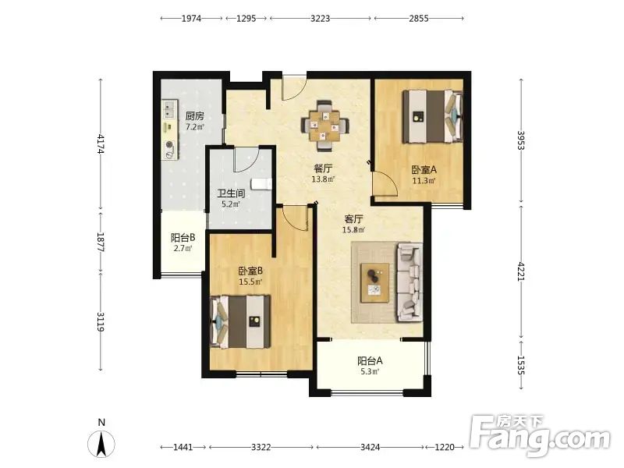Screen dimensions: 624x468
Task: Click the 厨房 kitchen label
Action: pos(195,116)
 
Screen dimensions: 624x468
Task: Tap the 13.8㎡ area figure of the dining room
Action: pos(323,179)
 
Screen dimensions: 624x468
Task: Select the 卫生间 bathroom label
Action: pos(231,193)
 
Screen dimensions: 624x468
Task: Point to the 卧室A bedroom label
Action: pos(424,170)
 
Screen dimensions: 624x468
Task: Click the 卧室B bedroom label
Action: pos(250,271)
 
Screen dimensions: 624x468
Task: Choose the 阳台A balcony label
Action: pos(370,361)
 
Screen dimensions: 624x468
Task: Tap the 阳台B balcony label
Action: pos(183,238)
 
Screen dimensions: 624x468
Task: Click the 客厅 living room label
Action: pos(353,219)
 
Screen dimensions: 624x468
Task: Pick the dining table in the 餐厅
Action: pos(325,126)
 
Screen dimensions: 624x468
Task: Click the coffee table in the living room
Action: pos(375,282)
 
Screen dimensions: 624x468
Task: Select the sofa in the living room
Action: pos(409,282)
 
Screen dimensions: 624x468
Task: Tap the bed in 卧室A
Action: pos(432,116)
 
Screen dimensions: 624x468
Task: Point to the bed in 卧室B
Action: pos(240,321)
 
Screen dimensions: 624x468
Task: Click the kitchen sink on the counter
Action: pos(170,109)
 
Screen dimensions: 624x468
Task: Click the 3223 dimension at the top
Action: pos(321,18)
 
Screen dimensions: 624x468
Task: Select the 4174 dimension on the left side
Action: pos(101,144)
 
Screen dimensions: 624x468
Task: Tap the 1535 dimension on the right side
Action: pos(521,364)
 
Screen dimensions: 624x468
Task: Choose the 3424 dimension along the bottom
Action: pos(370,447)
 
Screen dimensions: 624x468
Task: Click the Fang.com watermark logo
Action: pos(540,436)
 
